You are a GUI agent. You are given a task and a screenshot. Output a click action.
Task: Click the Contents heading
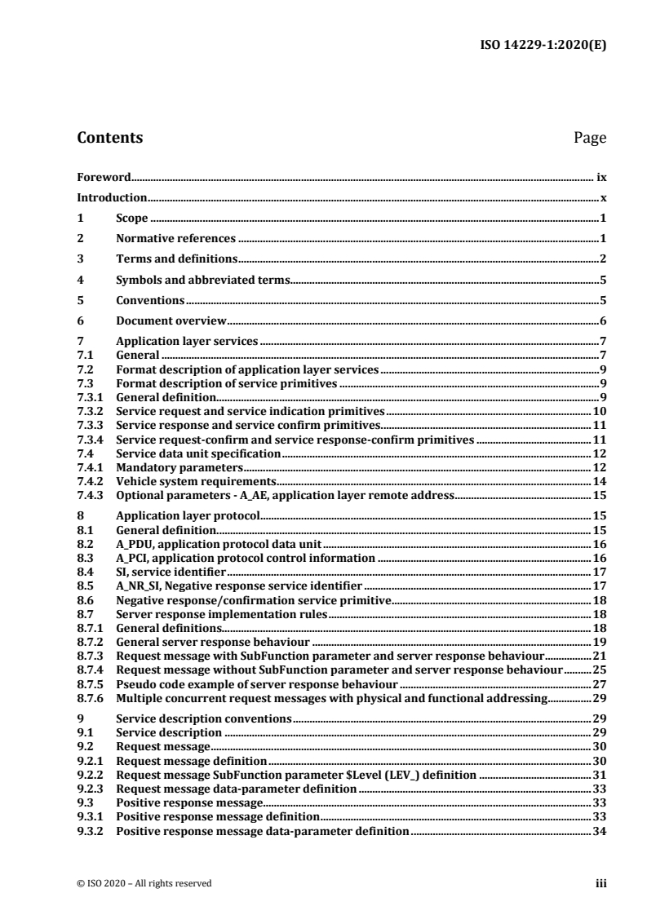pyautogui.click(x=109, y=138)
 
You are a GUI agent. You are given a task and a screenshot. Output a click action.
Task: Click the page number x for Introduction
pyautogui.click(x=603, y=197)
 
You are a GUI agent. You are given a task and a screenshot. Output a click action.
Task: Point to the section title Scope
pyautogui.click(x=131, y=219)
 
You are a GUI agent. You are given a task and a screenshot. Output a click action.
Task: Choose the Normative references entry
pyautogui.click(x=175, y=239)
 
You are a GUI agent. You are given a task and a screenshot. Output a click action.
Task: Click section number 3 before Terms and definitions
pyautogui.click(x=79, y=259)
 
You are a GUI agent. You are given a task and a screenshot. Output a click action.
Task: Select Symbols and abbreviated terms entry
pyautogui.click(x=202, y=280)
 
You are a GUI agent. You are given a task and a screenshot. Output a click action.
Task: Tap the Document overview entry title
pyautogui.click(x=171, y=321)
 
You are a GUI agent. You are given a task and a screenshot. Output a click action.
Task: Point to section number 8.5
pyautogui.click(x=83, y=586)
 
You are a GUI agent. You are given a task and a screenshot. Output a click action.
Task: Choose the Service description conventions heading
pyautogui.click(x=204, y=720)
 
